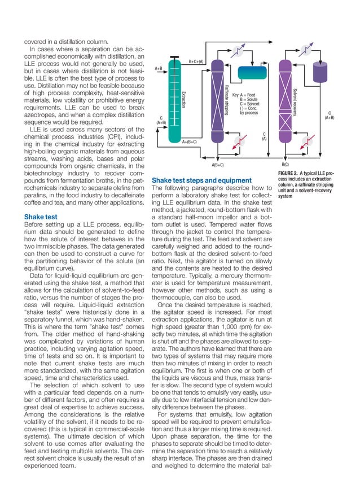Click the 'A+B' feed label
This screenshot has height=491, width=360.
click(x=159, y=68)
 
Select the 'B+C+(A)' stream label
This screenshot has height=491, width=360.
click(x=196, y=61)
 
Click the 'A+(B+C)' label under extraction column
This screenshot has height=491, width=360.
click(x=189, y=142)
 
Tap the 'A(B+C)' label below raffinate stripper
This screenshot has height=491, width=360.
click(x=218, y=165)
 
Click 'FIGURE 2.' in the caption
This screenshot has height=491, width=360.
click(x=291, y=172)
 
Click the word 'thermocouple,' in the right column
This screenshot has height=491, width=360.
click(x=177, y=298)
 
